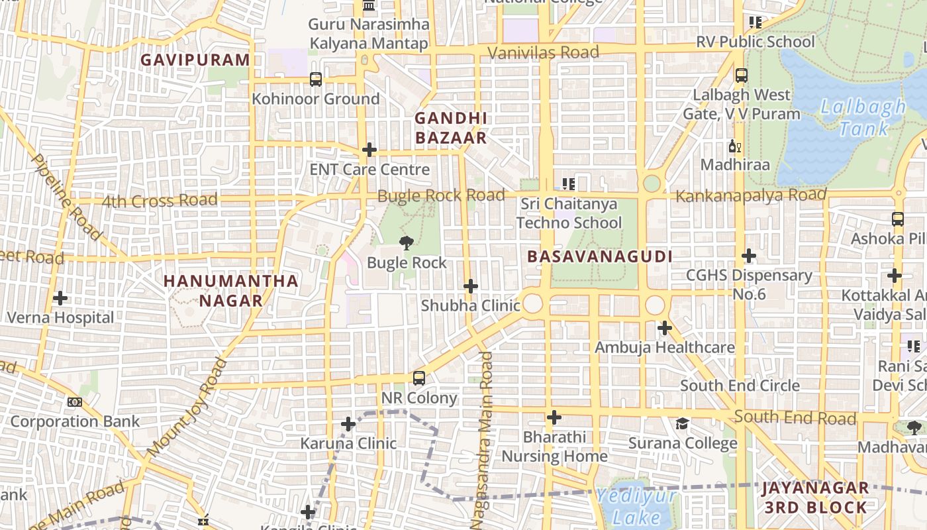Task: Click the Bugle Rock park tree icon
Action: click(407, 243)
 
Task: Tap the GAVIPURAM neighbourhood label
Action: click(195, 60)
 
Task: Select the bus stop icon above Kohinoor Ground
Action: click(316, 79)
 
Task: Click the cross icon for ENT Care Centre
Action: click(369, 150)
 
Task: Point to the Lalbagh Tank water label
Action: click(863, 117)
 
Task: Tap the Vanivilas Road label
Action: click(543, 52)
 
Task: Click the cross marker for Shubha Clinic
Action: click(470, 286)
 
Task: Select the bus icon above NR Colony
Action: click(418, 378)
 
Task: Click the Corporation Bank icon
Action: click(75, 402)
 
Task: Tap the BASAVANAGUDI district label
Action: click(599, 256)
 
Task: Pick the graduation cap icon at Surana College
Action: click(682, 423)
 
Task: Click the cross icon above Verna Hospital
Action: click(60, 298)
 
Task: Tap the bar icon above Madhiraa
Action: click(734, 146)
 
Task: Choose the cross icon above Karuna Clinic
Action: click(348, 424)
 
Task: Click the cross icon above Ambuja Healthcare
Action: click(664, 328)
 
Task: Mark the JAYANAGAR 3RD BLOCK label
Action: click(815, 498)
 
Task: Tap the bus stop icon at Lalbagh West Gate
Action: click(741, 76)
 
